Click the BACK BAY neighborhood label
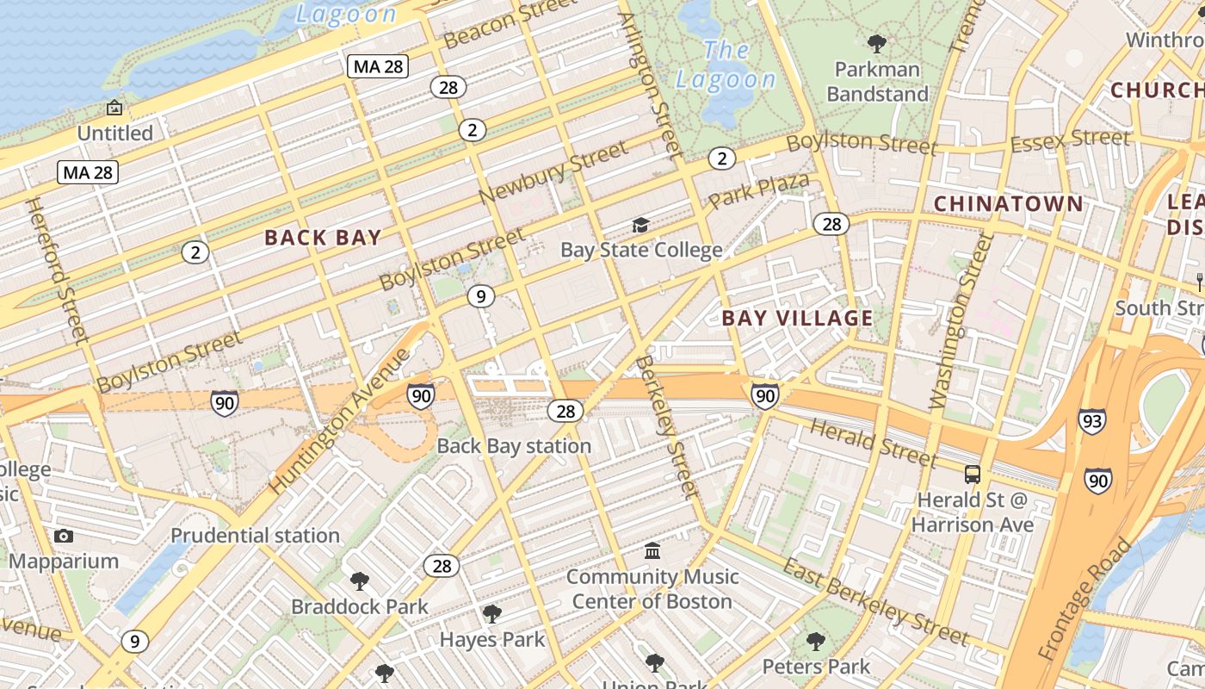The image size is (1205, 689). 323,238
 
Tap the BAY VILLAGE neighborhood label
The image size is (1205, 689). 797,318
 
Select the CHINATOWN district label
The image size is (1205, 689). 1008,203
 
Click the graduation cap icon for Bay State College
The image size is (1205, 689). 640,226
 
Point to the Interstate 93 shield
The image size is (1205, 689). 1091,420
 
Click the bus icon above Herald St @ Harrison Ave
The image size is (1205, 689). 972,475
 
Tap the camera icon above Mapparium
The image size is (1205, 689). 63,536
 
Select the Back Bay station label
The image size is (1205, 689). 514,445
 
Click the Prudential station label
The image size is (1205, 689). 255,535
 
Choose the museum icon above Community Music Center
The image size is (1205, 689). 652,550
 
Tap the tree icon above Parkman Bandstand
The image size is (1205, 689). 877,43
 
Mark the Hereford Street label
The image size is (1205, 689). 57,270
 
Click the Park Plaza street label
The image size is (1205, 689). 758,190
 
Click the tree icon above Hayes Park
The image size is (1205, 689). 492,613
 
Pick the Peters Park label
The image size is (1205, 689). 816,666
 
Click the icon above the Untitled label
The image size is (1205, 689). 114,108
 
